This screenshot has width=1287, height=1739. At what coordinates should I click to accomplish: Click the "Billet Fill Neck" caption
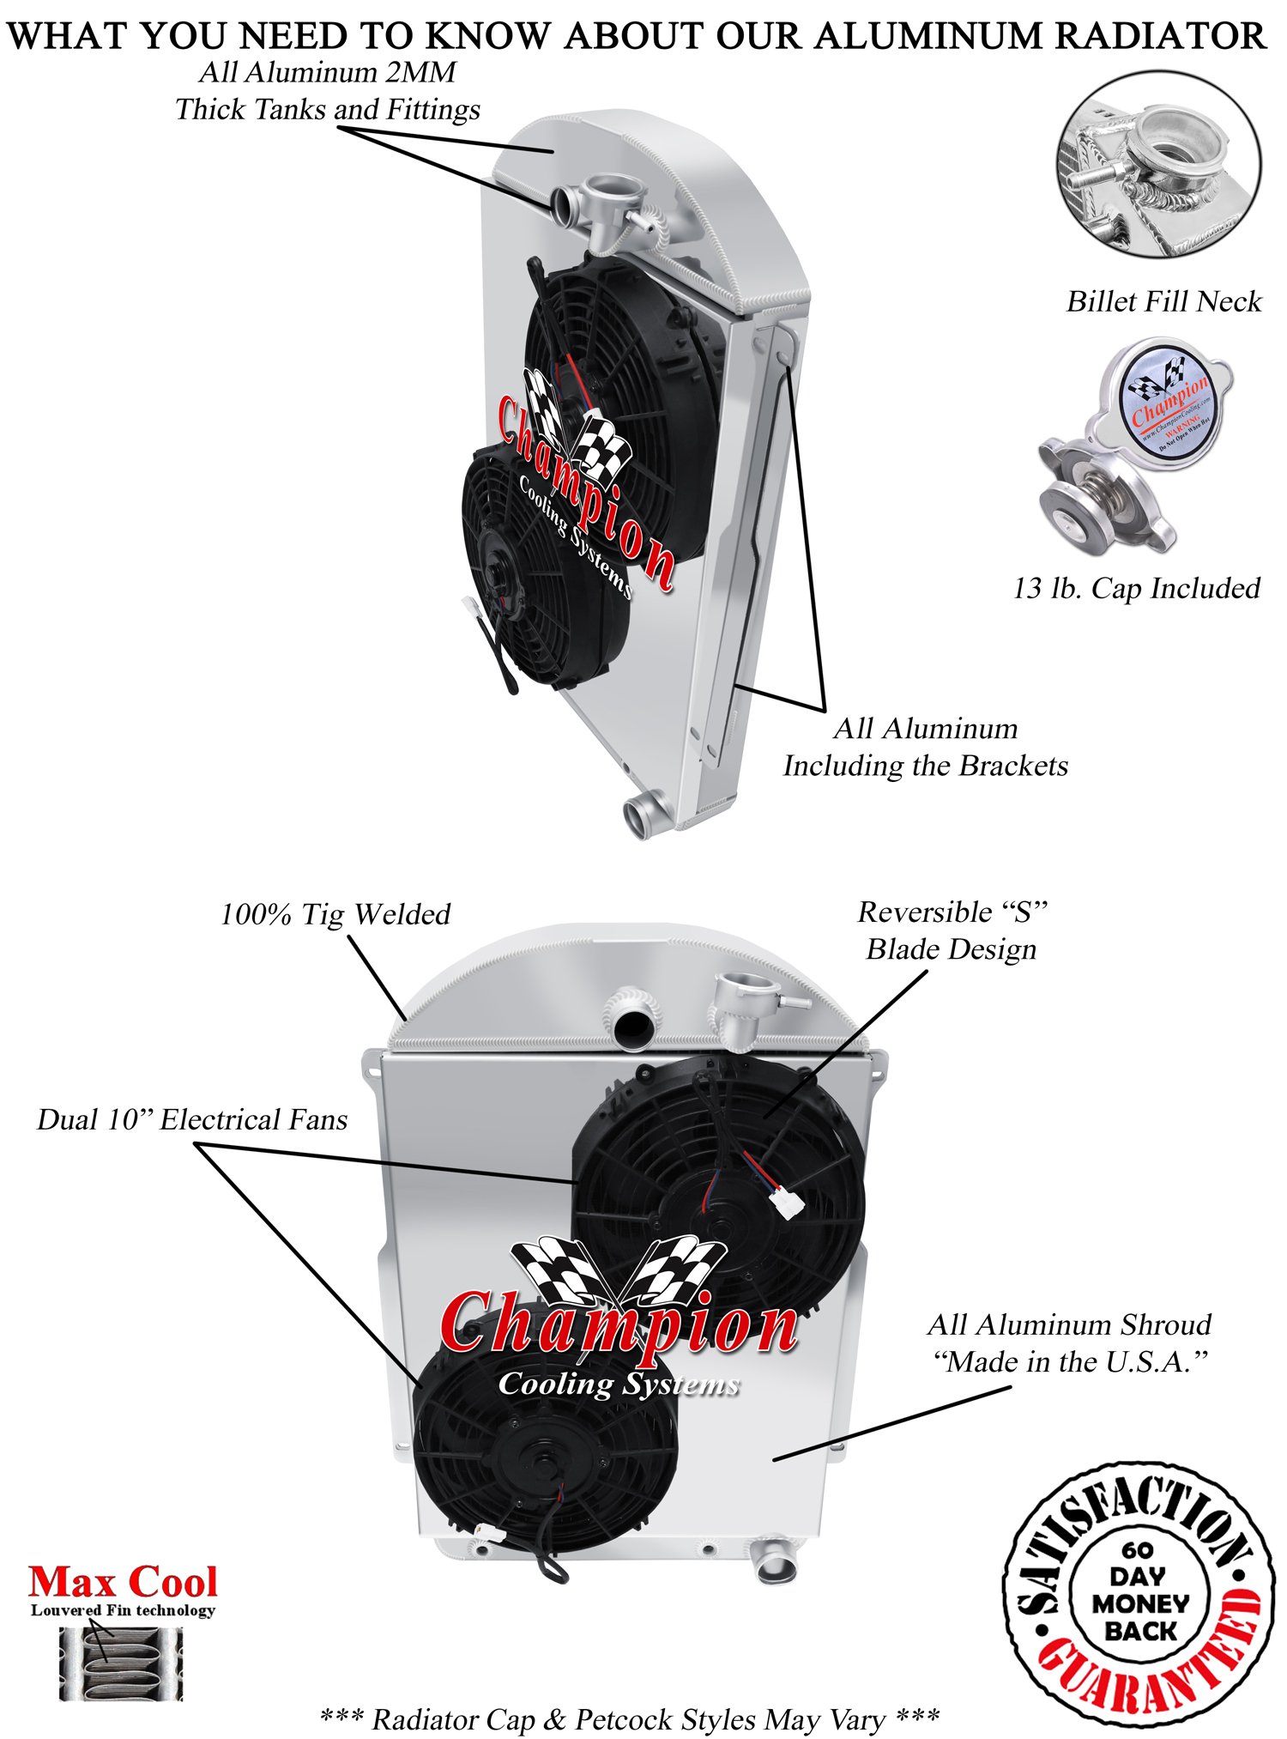coord(1163,302)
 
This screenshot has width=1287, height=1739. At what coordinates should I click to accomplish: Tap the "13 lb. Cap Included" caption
coord(1136,589)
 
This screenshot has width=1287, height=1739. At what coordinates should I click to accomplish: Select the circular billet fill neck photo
coord(1158,165)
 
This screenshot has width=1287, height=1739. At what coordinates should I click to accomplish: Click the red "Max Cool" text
coord(123,1582)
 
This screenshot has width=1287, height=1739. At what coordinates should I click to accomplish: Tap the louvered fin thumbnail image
coord(121,1664)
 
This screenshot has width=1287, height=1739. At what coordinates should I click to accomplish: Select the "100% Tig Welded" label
coord(335,915)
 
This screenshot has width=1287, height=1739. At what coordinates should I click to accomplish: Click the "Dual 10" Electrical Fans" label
coord(192,1120)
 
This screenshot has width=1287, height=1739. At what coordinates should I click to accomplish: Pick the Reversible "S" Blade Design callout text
coord(952,931)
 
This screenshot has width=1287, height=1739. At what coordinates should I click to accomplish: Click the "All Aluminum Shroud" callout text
coord(1069,1325)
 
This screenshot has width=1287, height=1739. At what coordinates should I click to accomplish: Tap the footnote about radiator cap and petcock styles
coord(630,1719)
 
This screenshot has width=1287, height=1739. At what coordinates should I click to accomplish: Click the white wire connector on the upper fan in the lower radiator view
coord(787,1202)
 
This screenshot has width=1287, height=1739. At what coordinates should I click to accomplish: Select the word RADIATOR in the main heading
coord(1160,36)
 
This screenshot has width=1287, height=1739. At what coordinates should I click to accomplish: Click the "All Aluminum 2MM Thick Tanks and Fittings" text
coord(328,91)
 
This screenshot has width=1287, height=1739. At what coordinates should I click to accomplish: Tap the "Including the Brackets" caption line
coord(925,766)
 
